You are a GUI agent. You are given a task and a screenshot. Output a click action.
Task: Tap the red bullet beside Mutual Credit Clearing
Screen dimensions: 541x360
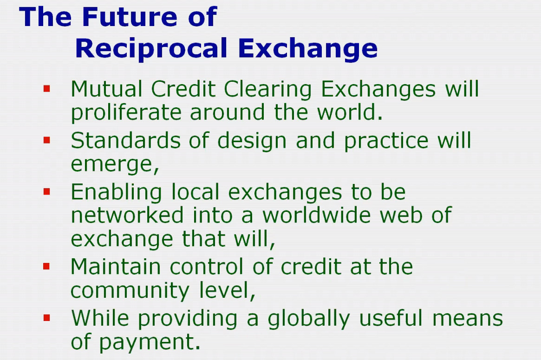pyautogui.click(x=47, y=89)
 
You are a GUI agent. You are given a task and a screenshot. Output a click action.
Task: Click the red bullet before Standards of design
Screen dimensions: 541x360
pyautogui.click(x=47, y=140)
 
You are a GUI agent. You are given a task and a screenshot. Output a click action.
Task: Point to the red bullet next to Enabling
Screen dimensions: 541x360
pyautogui.click(x=47, y=191)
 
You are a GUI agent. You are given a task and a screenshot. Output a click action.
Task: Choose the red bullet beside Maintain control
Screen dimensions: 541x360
pyautogui.click(x=47, y=267)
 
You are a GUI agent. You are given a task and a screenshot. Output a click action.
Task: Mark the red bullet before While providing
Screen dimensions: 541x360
pyautogui.click(x=47, y=318)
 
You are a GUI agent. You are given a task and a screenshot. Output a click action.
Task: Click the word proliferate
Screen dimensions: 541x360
pyautogui.click(x=126, y=113)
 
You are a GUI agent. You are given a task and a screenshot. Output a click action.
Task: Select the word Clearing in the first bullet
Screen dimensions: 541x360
pyautogui.click(x=268, y=90)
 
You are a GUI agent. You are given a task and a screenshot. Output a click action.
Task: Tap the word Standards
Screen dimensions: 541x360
pyautogui.click(x=125, y=140)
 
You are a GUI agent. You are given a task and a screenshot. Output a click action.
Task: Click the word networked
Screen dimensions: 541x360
pyautogui.click(x=127, y=215)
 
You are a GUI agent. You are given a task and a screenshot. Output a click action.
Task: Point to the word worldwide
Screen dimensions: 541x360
pyautogui.click(x=317, y=215)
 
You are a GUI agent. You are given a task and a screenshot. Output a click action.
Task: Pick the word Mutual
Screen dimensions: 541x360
pyautogui.click(x=107, y=89)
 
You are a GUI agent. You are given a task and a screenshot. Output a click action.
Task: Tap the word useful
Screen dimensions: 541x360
pyautogui.click(x=391, y=318)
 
